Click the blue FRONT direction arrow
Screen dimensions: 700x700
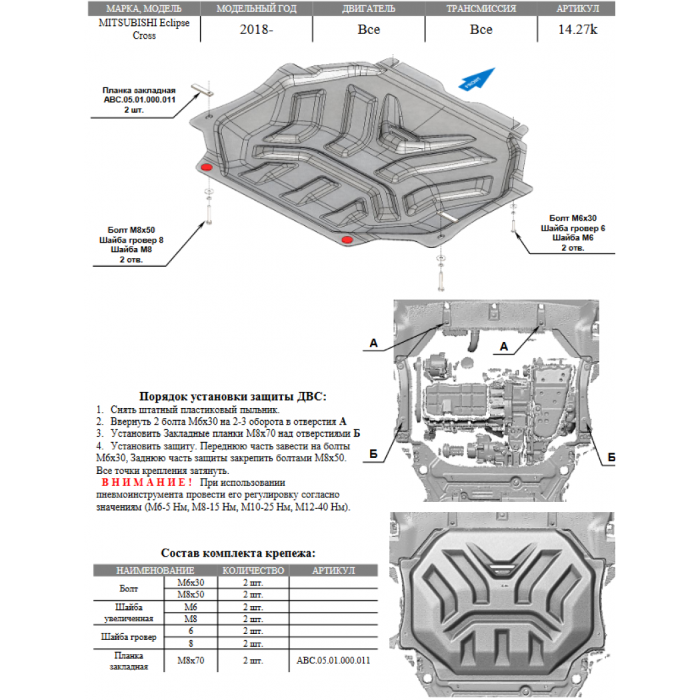[x=477, y=79]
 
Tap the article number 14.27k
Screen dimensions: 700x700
[x=577, y=29]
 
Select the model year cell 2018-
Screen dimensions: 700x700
[x=256, y=29]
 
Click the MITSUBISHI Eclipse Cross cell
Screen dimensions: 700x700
[x=144, y=29]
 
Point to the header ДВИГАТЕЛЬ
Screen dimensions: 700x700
[x=368, y=9]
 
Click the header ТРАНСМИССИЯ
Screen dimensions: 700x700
[x=481, y=9]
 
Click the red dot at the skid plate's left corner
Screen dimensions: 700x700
[x=206, y=167]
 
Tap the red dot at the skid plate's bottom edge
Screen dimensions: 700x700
[x=347, y=240]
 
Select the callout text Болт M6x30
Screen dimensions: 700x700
[x=573, y=218]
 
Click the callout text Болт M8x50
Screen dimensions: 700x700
[x=131, y=230]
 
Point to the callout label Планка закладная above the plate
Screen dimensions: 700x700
[x=139, y=90]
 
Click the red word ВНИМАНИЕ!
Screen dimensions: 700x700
[x=147, y=482]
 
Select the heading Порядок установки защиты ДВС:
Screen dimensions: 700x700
[x=233, y=397]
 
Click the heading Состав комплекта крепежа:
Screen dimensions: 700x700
[x=238, y=553]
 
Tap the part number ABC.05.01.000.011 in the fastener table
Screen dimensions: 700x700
[x=333, y=660]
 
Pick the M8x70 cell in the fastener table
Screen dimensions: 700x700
[x=191, y=660]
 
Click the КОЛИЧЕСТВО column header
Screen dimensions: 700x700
[x=253, y=571]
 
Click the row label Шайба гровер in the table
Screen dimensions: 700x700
[x=129, y=637]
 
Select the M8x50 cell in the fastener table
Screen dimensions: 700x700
[x=191, y=595]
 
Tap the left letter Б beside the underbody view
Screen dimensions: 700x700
[x=373, y=454]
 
